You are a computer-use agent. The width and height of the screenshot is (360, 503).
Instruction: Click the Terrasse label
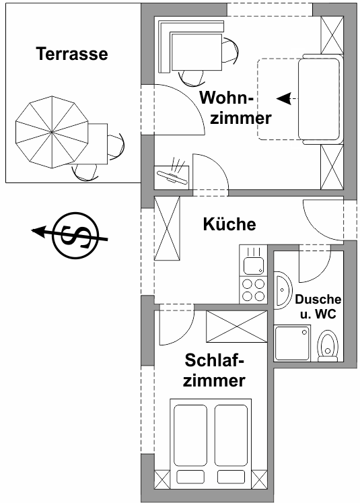tap(72, 54)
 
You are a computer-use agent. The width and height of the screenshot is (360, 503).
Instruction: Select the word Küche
tap(229, 224)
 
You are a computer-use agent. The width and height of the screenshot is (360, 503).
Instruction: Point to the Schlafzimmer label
tap(215, 370)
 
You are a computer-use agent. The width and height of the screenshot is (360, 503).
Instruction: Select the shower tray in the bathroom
tap(293, 342)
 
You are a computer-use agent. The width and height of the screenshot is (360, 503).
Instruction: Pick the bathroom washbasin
tap(283, 290)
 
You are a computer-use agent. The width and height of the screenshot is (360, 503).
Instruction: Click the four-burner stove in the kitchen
tap(253, 290)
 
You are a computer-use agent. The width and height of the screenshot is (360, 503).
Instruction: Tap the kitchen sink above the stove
tap(253, 260)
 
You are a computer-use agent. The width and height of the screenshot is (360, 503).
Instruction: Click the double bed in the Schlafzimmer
tap(212, 441)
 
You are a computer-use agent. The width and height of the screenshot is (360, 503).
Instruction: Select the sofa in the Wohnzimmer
tap(320, 99)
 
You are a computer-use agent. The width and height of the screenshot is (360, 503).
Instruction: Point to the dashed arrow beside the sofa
tap(287, 99)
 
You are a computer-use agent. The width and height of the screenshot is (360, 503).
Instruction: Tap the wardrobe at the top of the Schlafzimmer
tap(236, 327)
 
